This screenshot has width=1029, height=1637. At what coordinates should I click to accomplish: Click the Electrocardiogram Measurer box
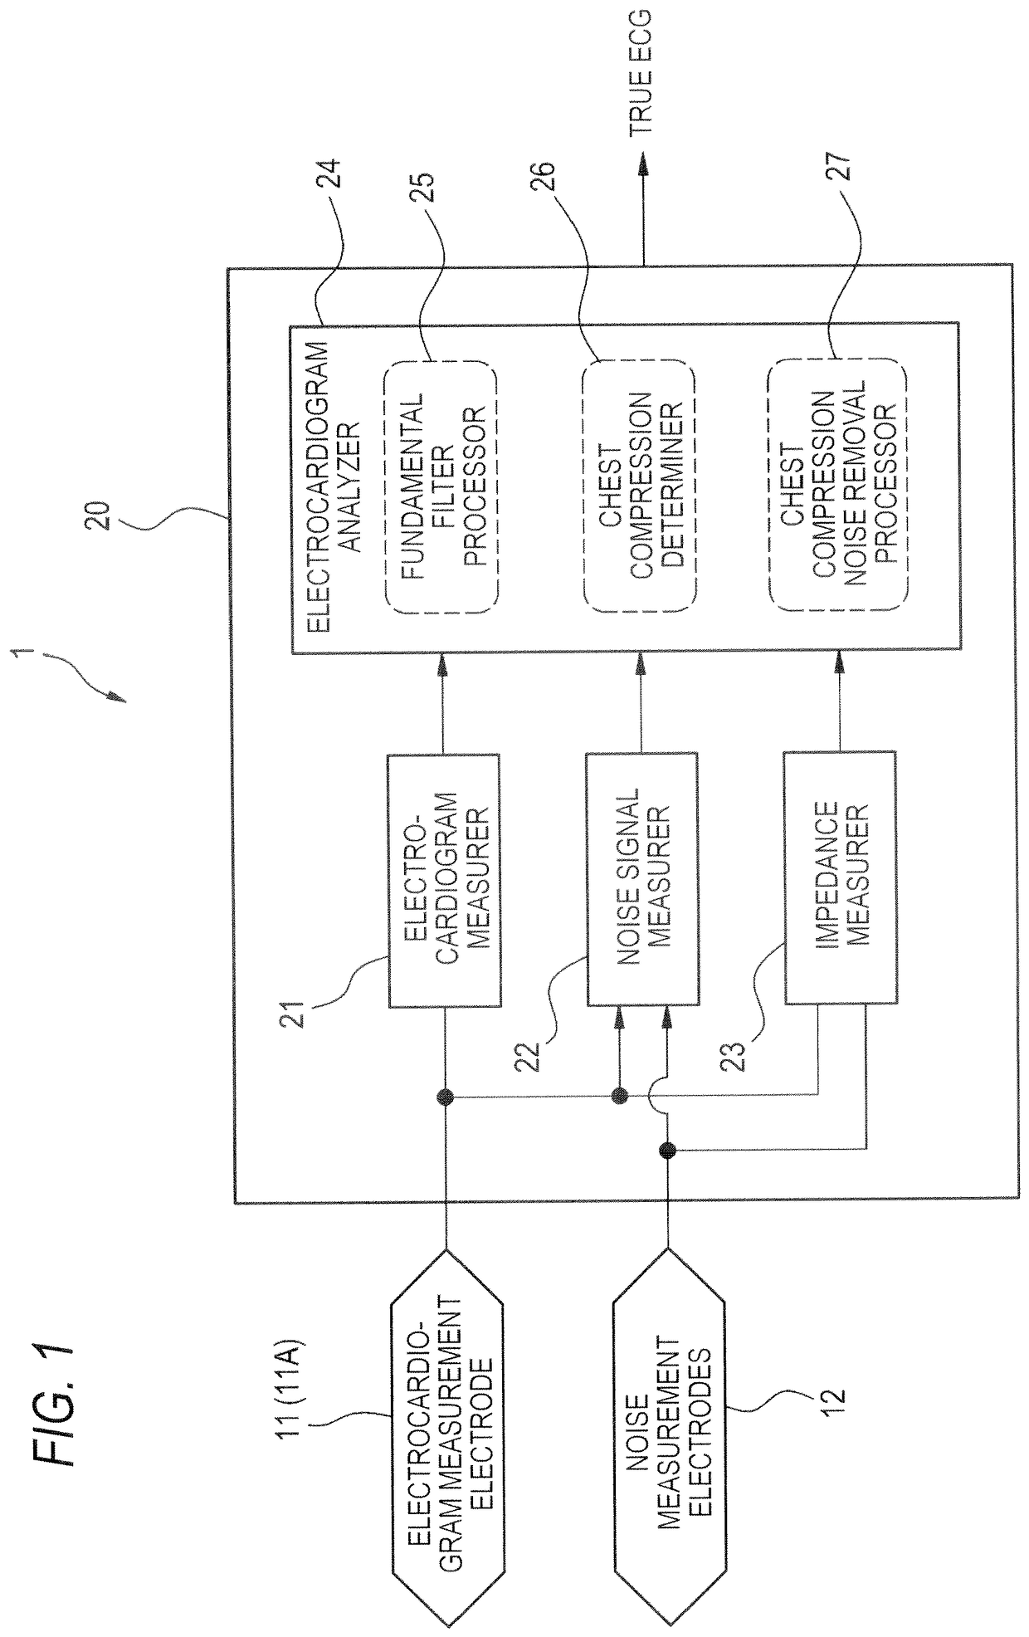click(445, 881)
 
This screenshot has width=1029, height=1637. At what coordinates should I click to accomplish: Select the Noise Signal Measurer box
click(642, 881)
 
